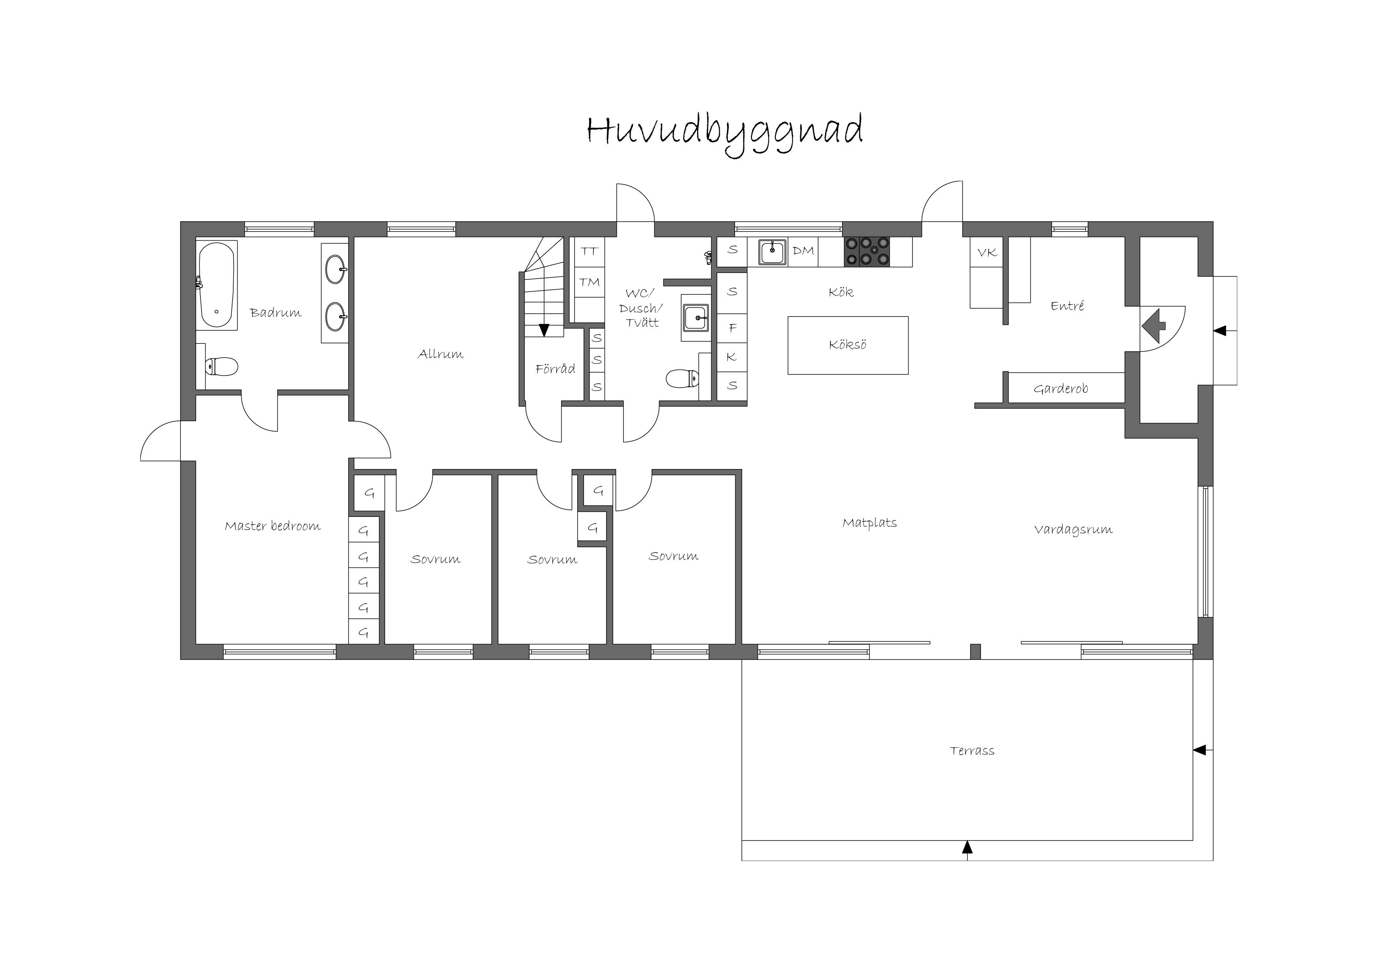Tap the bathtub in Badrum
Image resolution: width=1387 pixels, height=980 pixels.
tap(217, 285)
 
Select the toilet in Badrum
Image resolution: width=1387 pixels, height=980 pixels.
tap(221, 366)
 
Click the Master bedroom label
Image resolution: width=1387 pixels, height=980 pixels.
tap(272, 526)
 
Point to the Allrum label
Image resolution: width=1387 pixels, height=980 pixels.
tap(440, 354)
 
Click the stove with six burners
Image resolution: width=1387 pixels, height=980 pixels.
tap(867, 251)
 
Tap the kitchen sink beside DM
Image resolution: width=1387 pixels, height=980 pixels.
tap(773, 252)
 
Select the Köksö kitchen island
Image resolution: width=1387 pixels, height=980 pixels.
tap(848, 345)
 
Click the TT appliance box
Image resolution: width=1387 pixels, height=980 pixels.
tap(589, 252)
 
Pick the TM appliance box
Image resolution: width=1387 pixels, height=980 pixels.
tap(589, 282)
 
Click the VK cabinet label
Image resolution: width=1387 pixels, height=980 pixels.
tap(987, 253)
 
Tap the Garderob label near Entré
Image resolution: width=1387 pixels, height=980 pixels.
tap(1061, 388)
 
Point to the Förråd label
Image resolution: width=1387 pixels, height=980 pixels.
tap(555, 368)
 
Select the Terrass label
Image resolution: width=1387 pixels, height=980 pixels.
tap(972, 750)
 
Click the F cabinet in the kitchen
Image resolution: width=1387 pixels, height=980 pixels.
tap(732, 327)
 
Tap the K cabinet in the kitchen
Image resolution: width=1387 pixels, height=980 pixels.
tap(732, 357)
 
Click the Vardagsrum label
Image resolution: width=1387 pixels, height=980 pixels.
tap(1073, 530)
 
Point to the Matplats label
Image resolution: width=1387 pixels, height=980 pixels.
tap(869, 522)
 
